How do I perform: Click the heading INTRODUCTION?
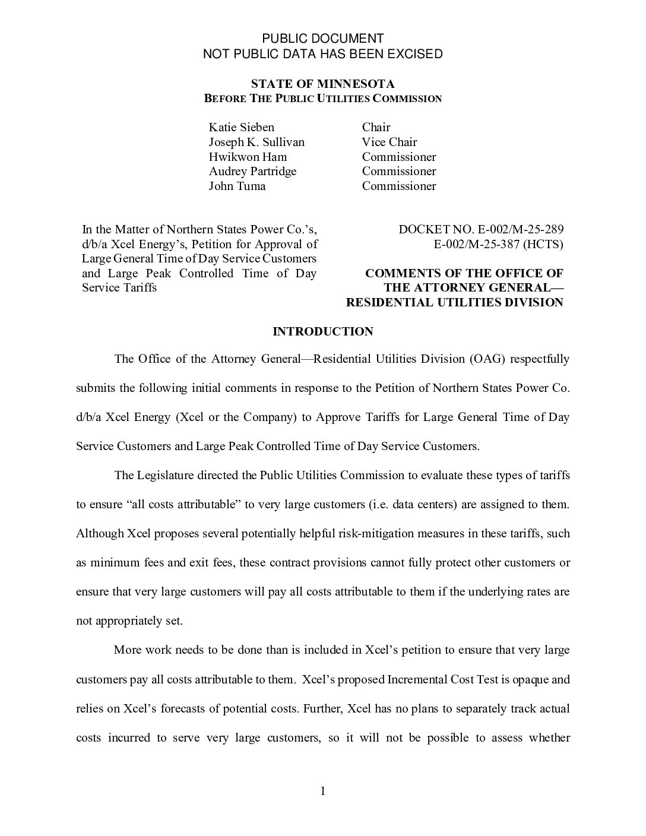pos(322,331)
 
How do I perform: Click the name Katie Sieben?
pos(241,127)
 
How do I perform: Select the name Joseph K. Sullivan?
pos(256,142)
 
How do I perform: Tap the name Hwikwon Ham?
pos(248,157)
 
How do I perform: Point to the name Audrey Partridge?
pos(252,171)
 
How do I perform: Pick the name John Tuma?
pos(237,186)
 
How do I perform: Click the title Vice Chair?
pos(389,142)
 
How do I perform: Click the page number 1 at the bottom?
pos(323,791)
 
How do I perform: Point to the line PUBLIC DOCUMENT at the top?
pos(323,39)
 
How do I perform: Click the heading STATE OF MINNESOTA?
pos(322,84)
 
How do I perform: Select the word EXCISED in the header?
pos(415,54)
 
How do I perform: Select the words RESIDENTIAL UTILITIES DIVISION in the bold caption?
pos(454,302)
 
